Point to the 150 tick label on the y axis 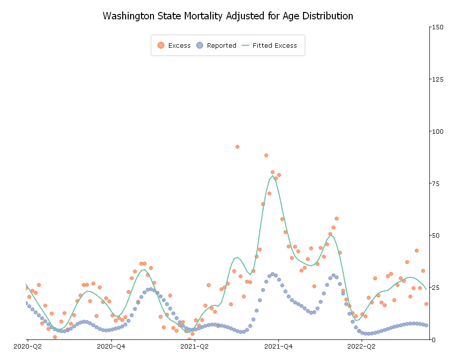click(x=438, y=27)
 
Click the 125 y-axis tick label click(x=438, y=79)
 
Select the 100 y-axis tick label click(x=438, y=131)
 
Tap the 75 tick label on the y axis click(x=436, y=183)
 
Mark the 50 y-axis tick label click(x=436, y=235)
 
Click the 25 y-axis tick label click(x=436, y=287)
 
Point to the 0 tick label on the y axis click(x=434, y=340)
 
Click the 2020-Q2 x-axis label click(x=27, y=346)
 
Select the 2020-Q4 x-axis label click(x=111, y=346)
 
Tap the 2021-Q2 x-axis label click(x=195, y=346)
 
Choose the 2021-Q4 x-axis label click(x=278, y=346)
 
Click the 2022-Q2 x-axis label click(x=362, y=346)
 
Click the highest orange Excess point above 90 click(x=237, y=147)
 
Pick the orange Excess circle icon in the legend click(x=160, y=45)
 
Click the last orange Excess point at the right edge click(x=426, y=304)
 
